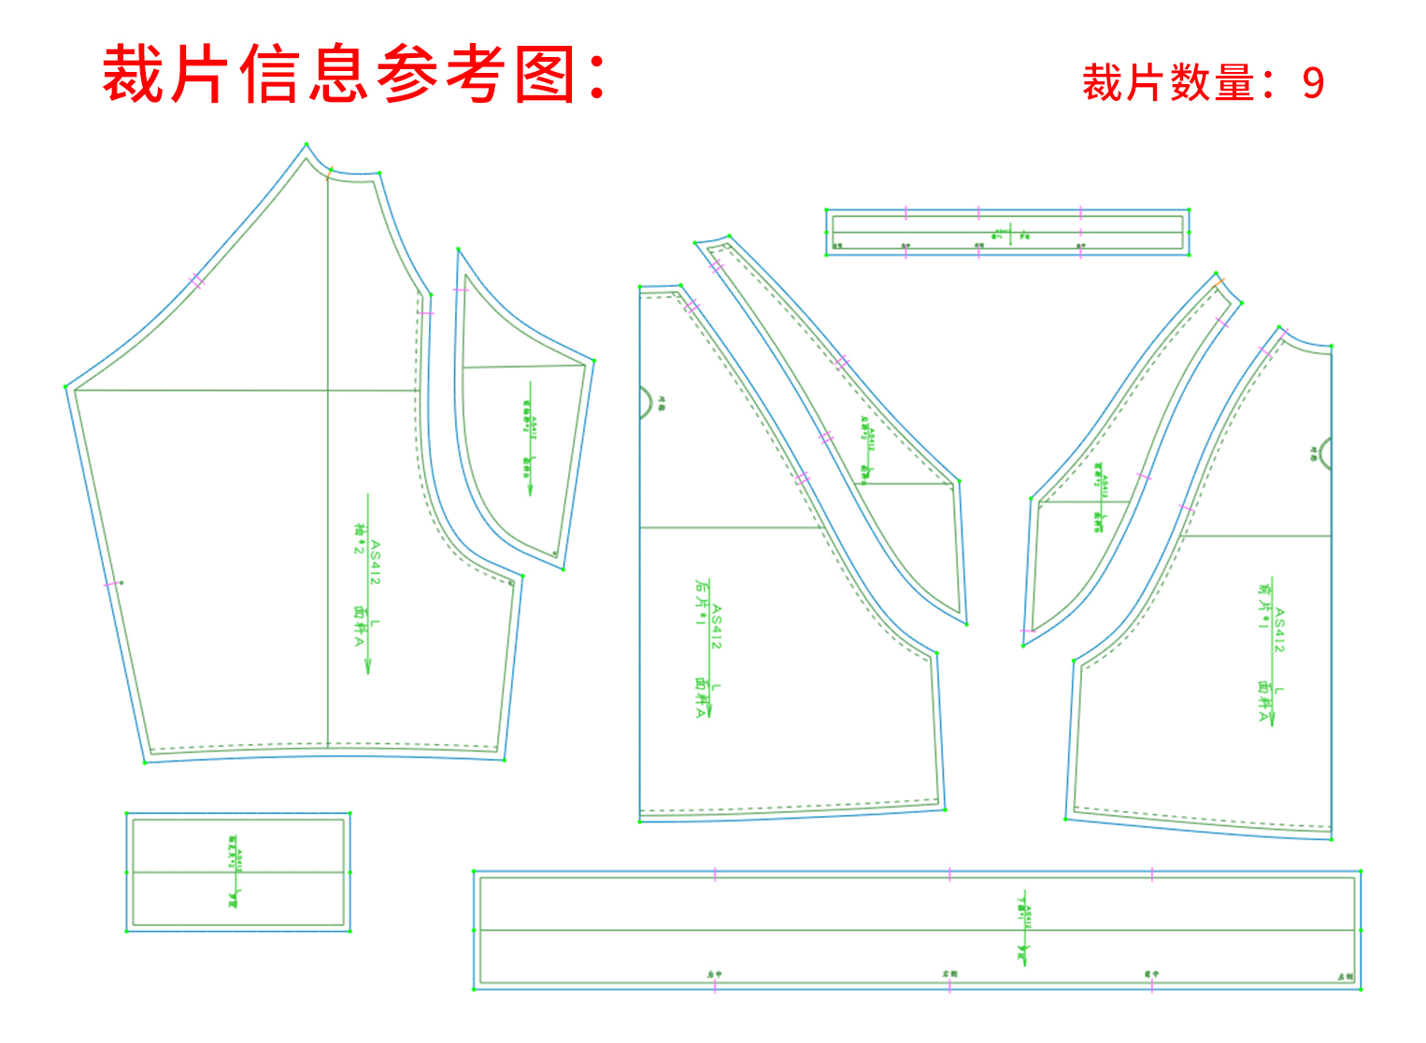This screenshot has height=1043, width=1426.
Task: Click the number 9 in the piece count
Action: [x=1313, y=83]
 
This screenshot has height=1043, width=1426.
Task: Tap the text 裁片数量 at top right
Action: [x=1168, y=83]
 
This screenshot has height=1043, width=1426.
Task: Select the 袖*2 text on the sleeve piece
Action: [x=358, y=538]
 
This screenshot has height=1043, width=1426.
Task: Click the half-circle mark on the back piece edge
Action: [x=646, y=402]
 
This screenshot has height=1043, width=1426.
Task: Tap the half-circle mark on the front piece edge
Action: [x=1324, y=454]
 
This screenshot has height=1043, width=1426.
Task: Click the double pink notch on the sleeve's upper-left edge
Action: [x=196, y=280]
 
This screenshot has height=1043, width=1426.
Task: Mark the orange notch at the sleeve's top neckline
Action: [x=329, y=172]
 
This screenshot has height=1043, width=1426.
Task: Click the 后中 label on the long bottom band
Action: [x=714, y=975]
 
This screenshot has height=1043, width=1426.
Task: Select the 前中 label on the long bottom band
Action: [x=1151, y=975]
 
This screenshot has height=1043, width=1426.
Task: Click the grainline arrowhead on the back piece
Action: [x=709, y=712]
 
